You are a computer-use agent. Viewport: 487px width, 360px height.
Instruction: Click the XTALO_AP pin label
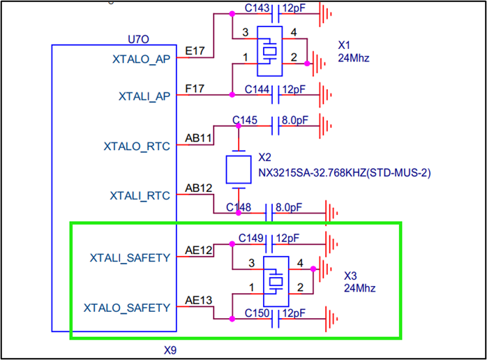[141, 61]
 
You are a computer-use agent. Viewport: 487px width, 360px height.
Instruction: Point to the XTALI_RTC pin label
[139, 195]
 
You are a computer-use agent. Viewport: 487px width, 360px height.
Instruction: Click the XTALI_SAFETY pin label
[130, 257]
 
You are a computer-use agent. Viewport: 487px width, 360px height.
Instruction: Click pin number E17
[195, 51]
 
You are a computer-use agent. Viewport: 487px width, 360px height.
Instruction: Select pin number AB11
[198, 138]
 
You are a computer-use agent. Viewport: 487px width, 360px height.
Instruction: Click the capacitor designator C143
[258, 8]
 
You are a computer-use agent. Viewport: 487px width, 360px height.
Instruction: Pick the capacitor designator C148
[239, 207]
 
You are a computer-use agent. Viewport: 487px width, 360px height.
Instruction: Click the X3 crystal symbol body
[276, 280]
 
